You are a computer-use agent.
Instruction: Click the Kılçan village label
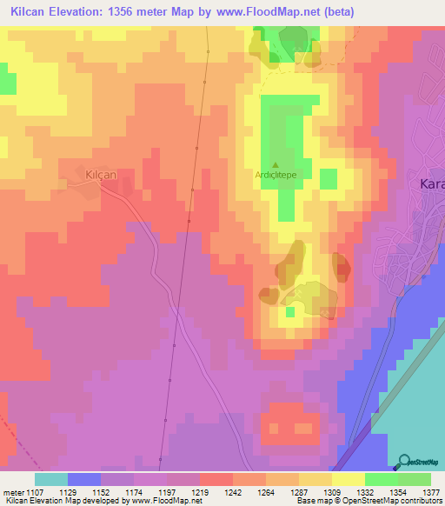(101, 175)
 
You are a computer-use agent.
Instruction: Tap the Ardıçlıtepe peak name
(276, 174)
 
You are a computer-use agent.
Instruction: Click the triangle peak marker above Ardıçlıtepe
(276, 164)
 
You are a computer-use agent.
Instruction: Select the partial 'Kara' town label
(431, 184)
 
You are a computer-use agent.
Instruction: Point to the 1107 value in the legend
(34, 491)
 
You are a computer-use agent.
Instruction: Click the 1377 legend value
(430, 491)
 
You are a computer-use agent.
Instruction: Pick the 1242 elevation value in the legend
(232, 491)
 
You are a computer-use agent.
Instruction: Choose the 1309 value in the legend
(331, 491)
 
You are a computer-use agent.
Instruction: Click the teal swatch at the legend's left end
(51, 479)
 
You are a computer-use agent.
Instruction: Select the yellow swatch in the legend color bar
(348, 479)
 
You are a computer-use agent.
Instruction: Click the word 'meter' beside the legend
(11, 491)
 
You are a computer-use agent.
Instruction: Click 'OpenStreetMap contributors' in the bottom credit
(395, 502)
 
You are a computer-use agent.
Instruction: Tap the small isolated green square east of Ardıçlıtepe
(328, 179)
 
